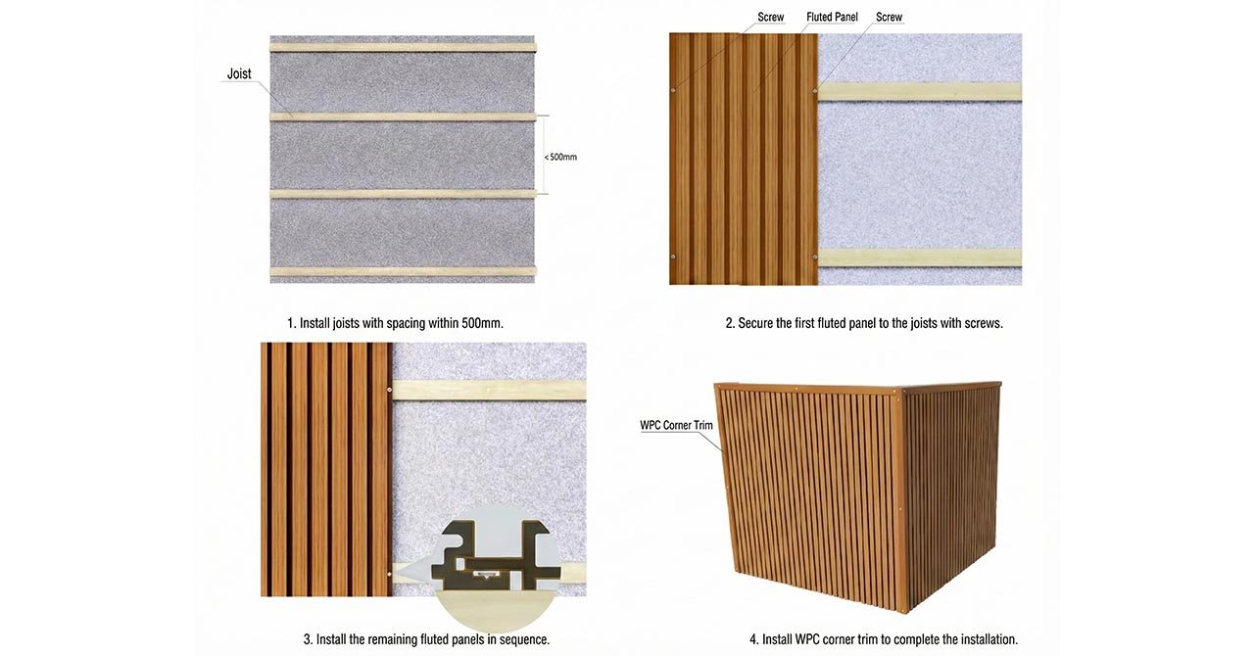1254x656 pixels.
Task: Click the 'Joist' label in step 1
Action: [239, 73]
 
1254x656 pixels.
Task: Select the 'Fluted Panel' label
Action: [832, 18]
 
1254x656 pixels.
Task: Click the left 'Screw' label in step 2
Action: [771, 18]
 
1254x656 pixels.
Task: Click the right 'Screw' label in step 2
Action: [889, 18]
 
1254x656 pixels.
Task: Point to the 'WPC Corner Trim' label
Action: [676, 425]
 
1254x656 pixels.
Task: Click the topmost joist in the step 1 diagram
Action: [403, 47]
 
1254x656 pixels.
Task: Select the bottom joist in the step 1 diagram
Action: [403, 271]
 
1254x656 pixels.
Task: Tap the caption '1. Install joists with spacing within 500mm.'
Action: [395, 322]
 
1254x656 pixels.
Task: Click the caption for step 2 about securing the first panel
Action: [863, 322]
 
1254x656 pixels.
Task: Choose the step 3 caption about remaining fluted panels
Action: [426, 638]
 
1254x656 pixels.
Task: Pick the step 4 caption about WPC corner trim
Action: [884, 638]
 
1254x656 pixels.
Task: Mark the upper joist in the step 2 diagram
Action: [919, 91]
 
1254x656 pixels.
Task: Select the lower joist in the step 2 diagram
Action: [919, 258]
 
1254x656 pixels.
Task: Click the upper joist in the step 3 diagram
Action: [488, 390]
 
